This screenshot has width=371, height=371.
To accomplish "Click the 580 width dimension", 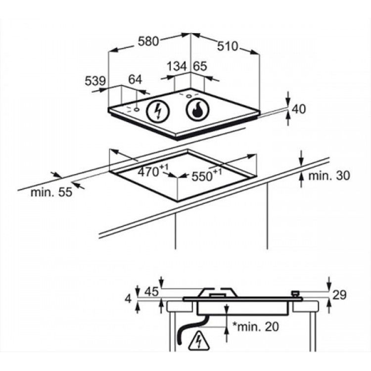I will tap(148, 42).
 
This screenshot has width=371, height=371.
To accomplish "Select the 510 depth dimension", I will tap(228, 46).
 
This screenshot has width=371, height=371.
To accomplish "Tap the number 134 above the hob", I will tap(176, 66).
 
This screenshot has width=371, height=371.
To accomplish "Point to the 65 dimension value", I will tap(199, 66).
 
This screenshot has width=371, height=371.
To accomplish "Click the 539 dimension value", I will tap(95, 80).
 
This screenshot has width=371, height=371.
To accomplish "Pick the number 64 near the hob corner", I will tap(135, 80).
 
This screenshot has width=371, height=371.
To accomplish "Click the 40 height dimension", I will tap(300, 109).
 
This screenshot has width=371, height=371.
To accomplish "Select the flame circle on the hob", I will tap(197, 111).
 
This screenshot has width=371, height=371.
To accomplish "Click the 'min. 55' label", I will tap(51, 192).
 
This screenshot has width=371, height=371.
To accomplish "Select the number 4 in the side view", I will tap(128, 299).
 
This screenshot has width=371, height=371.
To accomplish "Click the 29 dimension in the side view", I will tap(339, 295).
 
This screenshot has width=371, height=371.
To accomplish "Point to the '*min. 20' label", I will tap(255, 326).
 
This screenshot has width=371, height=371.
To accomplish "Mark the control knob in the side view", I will tap(296, 294).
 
